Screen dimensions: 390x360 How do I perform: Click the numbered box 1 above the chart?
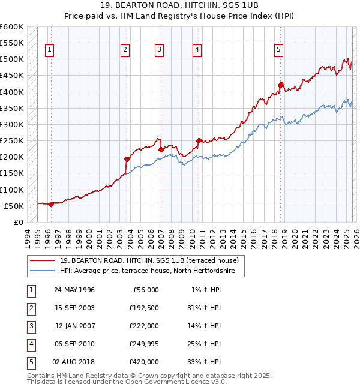point(49,50)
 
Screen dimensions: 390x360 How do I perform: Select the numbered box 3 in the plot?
point(159,50)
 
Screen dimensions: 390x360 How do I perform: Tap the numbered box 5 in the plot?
point(279,50)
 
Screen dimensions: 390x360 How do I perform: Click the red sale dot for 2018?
point(280,85)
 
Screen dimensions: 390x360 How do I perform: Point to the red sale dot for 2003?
point(127,159)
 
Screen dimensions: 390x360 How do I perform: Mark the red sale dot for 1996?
point(51,203)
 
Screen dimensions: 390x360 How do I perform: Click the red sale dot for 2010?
point(199,140)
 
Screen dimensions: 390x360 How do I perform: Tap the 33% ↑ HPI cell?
point(205,362)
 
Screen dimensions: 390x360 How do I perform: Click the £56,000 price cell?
point(145,290)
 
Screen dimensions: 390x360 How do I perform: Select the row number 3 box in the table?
point(29,326)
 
